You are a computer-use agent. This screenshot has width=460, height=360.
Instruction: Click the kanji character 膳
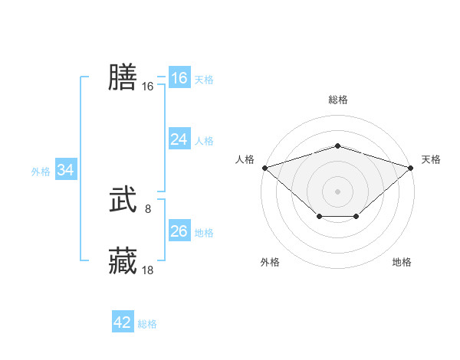(x=123, y=77)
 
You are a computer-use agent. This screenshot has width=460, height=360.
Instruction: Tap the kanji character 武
(x=123, y=201)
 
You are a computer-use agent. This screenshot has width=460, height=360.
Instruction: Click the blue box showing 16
(x=179, y=78)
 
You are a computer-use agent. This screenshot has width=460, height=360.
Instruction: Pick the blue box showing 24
(x=179, y=139)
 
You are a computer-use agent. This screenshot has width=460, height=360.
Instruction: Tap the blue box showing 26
(x=179, y=231)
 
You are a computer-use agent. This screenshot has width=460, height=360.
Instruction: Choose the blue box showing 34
(x=65, y=171)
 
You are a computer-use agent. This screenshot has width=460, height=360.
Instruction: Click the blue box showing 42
(x=123, y=322)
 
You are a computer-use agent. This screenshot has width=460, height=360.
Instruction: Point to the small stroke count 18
(x=148, y=270)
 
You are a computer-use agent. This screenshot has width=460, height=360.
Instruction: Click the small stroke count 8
(x=148, y=208)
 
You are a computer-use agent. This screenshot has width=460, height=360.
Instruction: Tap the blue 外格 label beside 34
(x=41, y=172)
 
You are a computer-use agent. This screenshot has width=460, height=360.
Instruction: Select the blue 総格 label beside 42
(x=147, y=324)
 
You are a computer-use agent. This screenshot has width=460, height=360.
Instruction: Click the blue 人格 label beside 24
(x=204, y=140)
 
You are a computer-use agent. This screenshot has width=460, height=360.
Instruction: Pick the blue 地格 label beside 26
(x=204, y=232)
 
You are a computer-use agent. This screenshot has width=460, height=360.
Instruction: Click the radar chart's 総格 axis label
(x=338, y=100)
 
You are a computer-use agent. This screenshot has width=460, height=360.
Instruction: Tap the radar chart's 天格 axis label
(x=431, y=159)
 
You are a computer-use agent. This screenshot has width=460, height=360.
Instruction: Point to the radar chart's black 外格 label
(x=270, y=262)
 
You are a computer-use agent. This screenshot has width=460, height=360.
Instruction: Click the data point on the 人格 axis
(x=264, y=167)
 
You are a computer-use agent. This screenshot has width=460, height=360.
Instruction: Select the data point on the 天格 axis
(x=411, y=167)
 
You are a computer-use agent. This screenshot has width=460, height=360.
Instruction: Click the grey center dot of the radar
(x=338, y=191)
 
